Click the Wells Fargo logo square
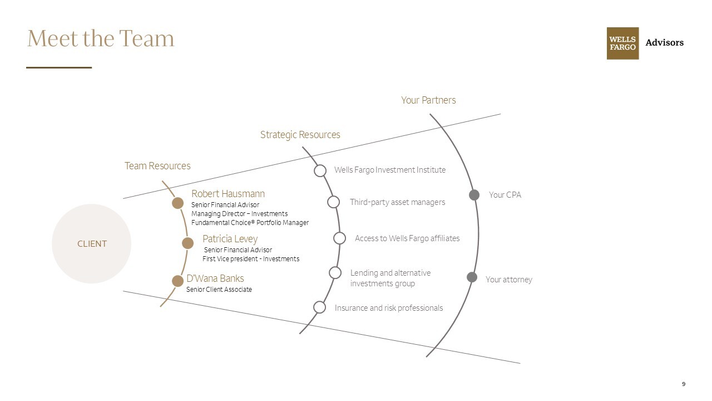click(x=622, y=43)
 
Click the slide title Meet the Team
click(x=101, y=38)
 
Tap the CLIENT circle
click(x=91, y=243)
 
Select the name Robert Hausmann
click(x=228, y=194)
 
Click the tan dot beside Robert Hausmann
click(x=177, y=203)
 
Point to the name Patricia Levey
click(x=230, y=239)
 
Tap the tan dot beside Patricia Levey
click(x=188, y=243)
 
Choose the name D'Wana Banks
click(x=215, y=278)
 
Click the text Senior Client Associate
click(x=219, y=290)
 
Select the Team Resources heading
click(x=157, y=166)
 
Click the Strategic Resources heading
click(x=300, y=135)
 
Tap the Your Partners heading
click(x=428, y=100)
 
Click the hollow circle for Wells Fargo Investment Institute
click(x=320, y=170)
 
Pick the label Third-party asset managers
click(x=397, y=202)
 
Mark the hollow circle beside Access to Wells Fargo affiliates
click(x=339, y=238)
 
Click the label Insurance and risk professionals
click(x=389, y=308)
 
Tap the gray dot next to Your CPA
click(x=474, y=194)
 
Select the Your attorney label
click(x=508, y=280)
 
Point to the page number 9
click(x=684, y=384)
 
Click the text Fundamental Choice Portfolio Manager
click(x=250, y=223)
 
